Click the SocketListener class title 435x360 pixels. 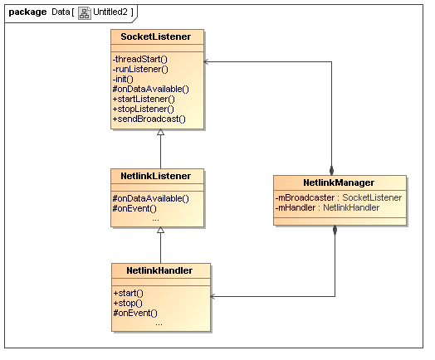[x=155, y=36]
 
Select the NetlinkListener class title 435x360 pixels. [x=155, y=176]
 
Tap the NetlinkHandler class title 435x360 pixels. [x=159, y=270]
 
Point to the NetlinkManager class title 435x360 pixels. [x=339, y=182]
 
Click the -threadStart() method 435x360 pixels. [x=140, y=59]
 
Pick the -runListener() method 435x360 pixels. [x=140, y=70]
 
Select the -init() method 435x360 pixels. [x=123, y=80]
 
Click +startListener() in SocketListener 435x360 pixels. [x=144, y=100]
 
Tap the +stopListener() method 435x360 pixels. [x=143, y=109]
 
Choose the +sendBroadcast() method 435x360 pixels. [x=149, y=119]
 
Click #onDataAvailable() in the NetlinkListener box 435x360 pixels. [x=150, y=198]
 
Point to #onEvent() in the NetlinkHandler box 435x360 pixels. [x=135, y=314]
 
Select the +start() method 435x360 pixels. [x=128, y=293]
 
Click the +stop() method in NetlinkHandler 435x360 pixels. [x=128, y=304]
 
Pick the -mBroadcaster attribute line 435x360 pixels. [x=339, y=197]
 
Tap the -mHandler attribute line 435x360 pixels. [x=327, y=207]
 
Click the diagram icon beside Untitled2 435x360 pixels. [x=85, y=12]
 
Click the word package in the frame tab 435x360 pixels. [x=27, y=12]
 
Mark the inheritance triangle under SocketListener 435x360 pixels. [x=160, y=132]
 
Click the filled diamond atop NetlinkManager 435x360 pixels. [x=331, y=170]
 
